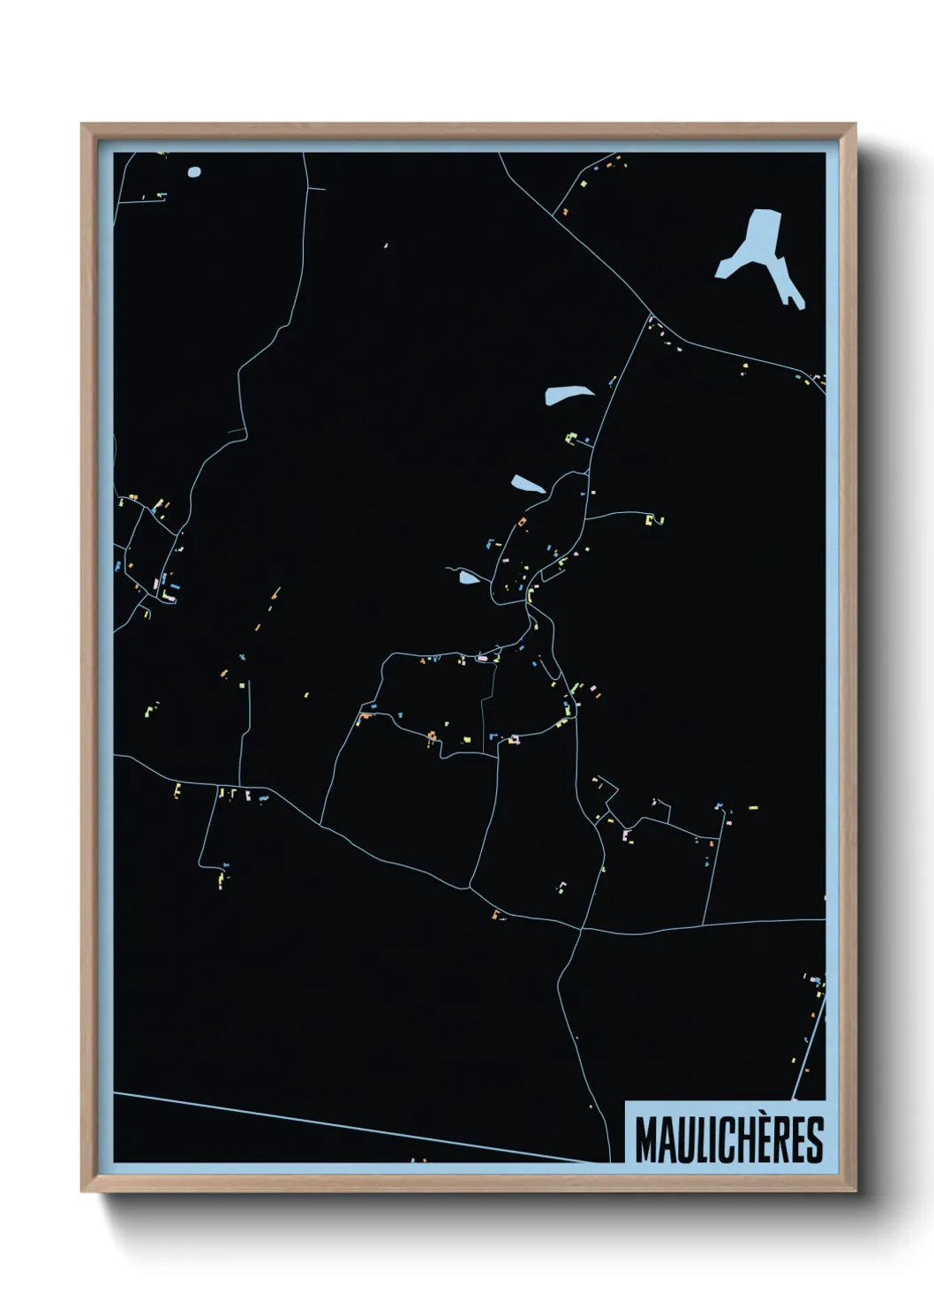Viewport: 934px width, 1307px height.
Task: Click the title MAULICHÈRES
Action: [728, 1140]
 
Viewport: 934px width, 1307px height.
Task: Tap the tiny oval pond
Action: [194, 172]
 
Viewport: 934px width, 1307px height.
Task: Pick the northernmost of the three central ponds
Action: [569, 394]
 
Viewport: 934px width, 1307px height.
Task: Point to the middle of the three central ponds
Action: [528, 484]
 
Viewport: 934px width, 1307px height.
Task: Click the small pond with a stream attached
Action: [468, 578]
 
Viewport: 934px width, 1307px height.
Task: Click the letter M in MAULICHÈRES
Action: [646, 1140]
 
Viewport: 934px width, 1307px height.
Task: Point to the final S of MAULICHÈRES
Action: [814, 1140]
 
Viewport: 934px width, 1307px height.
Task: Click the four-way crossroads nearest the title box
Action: [581, 928]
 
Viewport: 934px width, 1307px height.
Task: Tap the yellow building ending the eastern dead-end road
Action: [653, 520]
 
